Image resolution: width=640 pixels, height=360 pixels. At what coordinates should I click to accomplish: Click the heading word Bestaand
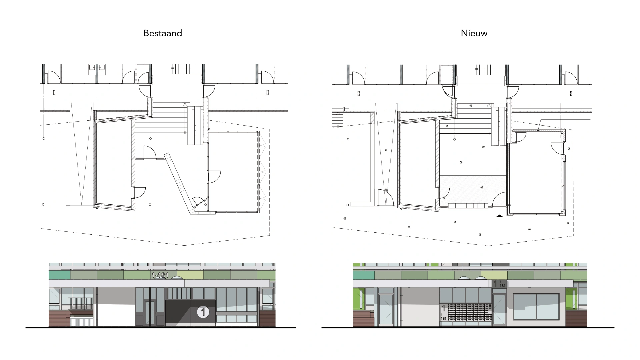click(163, 33)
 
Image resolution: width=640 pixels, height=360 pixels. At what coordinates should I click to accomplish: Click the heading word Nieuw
click(474, 33)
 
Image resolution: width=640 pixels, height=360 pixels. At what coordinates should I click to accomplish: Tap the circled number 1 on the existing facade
click(203, 312)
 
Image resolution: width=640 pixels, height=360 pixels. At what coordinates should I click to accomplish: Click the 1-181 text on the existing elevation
click(160, 275)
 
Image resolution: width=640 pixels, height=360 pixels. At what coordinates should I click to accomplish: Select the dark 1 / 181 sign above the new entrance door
click(499, 284)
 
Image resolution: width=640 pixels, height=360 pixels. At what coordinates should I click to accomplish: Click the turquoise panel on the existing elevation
click(60, 275)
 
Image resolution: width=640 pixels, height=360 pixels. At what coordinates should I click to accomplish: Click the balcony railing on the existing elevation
click(80, 303)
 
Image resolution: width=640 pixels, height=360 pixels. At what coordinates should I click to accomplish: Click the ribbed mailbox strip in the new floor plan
click(468, 206)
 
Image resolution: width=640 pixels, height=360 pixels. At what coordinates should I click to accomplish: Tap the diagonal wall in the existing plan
click(180, 183)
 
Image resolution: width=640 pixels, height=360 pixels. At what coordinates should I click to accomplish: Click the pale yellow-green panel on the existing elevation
click(190, 275)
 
